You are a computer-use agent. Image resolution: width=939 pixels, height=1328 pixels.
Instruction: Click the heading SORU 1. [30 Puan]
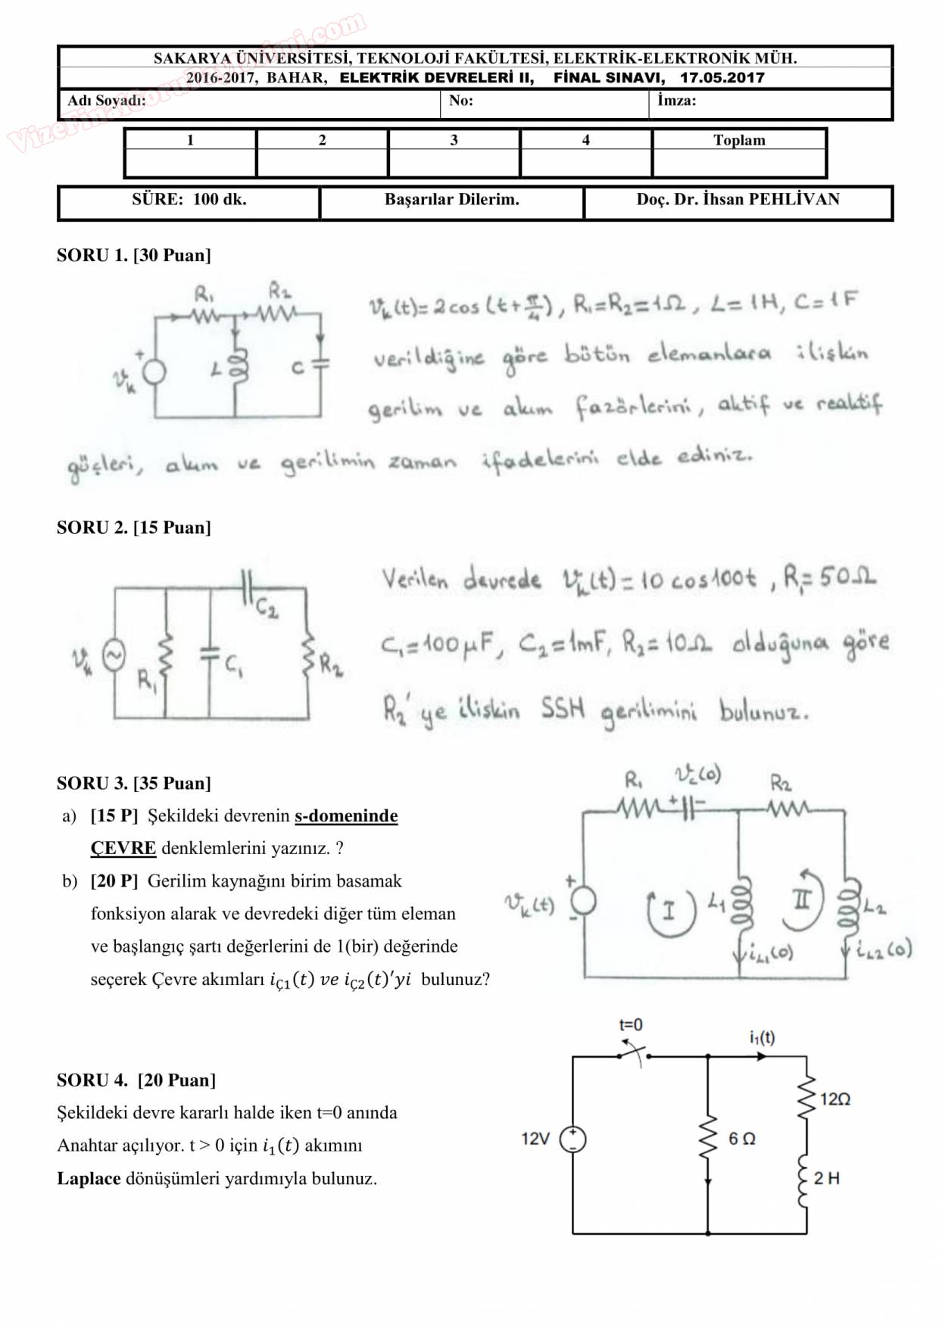click(133, 255)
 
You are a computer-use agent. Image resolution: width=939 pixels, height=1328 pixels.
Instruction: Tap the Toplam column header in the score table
click(738, 140)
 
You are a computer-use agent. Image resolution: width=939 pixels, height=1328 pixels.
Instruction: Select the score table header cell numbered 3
click(454, 140)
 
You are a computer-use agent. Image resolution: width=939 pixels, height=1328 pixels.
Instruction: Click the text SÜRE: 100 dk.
click(189, 199)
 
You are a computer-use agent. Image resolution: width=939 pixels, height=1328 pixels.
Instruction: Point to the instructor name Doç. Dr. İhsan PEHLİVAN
click(738, 199)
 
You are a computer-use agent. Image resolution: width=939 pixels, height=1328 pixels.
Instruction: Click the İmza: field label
click(676, 100)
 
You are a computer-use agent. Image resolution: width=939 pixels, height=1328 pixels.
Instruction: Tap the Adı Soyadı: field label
click(106, 101)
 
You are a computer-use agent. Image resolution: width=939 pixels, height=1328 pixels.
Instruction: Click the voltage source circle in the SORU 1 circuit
click(154, 372)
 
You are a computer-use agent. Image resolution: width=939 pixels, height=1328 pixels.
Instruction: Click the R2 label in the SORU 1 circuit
click(279, 291)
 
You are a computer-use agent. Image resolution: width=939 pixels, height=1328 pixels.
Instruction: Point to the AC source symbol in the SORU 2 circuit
click(114, 656)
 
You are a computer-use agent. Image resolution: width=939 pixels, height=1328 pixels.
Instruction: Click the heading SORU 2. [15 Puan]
click(133, 528)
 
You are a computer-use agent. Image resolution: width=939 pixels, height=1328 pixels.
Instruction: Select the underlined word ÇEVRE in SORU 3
click(123, 848)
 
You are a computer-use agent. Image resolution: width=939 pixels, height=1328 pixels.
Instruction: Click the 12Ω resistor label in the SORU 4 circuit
click(834, 1099)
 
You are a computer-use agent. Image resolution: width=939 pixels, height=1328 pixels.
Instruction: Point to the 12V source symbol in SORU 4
click(572, 1139)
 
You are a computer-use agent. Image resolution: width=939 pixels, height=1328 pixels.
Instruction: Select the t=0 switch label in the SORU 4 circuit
click(631, 1025)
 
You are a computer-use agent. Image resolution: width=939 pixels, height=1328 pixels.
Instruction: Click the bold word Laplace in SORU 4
click(89, 1179)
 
